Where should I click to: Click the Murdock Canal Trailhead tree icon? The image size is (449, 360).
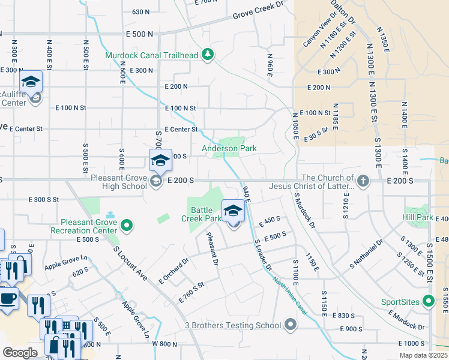coord(208,55)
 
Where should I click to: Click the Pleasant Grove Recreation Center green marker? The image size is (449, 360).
coord(127,226)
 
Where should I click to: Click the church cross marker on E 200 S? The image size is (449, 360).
coord(363,181)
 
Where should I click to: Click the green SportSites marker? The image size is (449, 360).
coord(428,301)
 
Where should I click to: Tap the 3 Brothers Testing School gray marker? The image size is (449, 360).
coord(291,326)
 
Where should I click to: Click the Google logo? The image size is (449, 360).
coord(20,353)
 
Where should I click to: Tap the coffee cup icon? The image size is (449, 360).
coord(8,298)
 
